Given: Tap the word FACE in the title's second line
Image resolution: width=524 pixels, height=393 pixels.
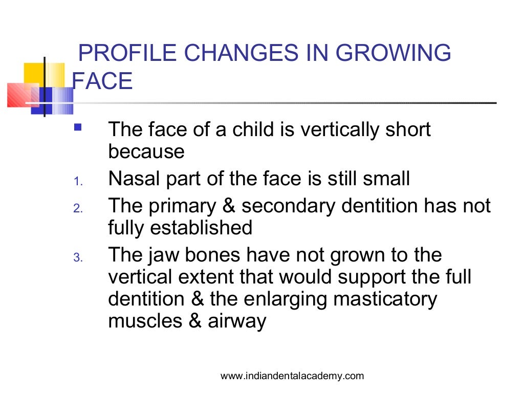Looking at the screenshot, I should click(103, 81).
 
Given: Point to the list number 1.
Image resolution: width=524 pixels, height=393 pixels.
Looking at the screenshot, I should click(77, 182).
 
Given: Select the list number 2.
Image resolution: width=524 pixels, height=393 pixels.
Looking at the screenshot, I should click(77, 209).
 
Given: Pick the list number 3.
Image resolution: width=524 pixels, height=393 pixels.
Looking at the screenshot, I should click(77, 258).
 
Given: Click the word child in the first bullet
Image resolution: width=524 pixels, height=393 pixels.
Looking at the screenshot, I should click(255, 129).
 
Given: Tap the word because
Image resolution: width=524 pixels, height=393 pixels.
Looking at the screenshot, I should click(146, 152).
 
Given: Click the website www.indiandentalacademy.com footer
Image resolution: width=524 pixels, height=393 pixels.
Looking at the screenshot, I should click(292, 376).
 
